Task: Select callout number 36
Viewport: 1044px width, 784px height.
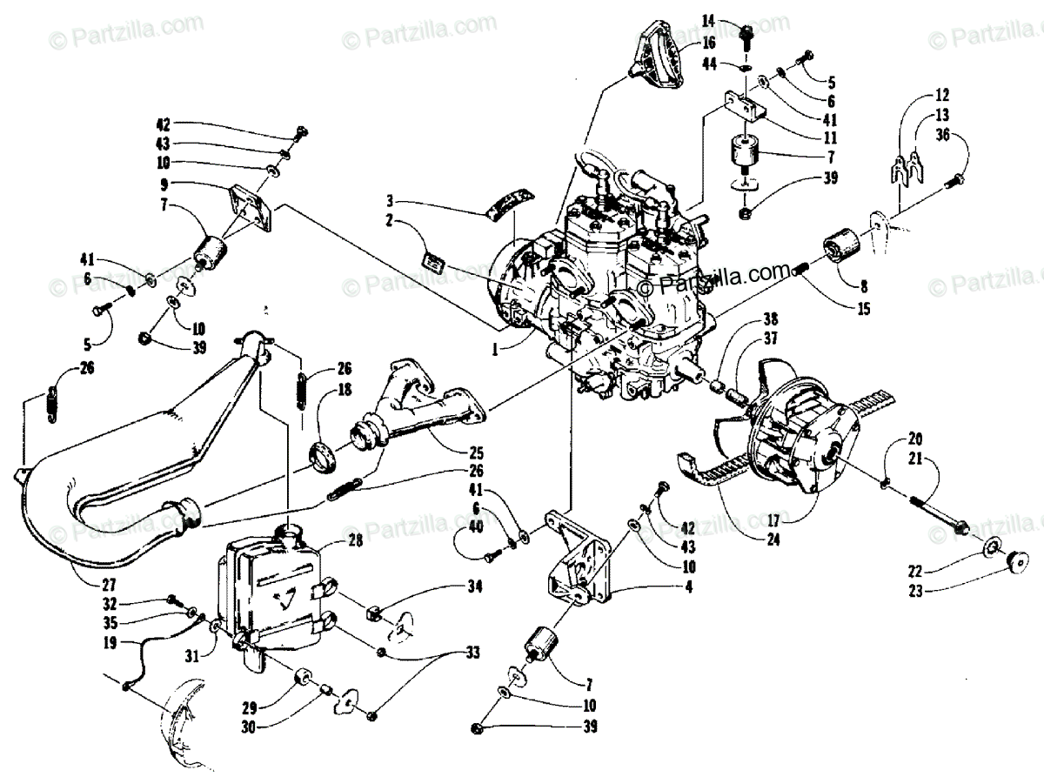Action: pos(942,133)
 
